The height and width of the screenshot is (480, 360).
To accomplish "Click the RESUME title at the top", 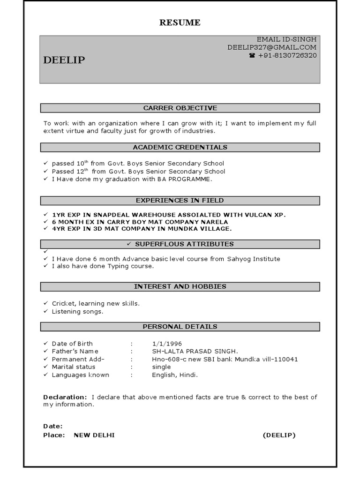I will pyautogui.click(x=180, y=22).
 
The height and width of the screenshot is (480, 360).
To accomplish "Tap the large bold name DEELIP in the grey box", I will pyautogui.click(x=64, y=60).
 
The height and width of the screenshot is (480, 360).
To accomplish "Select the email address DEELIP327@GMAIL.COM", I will pyautogui.click(x=272, y=47).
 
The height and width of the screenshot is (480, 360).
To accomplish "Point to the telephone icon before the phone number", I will pyautogui.click(x=252, y=55).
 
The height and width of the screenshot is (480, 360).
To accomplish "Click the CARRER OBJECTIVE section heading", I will pyautogui.click(x=180, y=108).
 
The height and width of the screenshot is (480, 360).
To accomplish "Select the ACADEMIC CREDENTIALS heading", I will pyautogui.click(x=180, y=147).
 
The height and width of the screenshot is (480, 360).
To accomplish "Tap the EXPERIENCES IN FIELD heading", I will pyautogui.click(x=180, y=201).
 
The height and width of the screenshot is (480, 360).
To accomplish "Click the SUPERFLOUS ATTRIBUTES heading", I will pyautogui.click(x=184, y=244).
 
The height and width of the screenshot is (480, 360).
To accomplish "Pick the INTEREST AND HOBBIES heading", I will pyautogui.click(x=180, y=286).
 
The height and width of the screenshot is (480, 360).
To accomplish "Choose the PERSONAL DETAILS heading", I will pyautogui.click(x=180, y=326).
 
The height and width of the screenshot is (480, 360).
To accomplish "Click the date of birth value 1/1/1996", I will pyautogui.click(x=167, y=344).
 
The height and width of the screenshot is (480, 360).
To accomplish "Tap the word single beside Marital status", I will pyautogui.click(x=161, y=367).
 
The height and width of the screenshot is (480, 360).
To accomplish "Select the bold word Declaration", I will pyautogui.click(x=65, y=397).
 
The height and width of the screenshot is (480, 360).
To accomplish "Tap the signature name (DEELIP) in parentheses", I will pyautogui.click(x=279, y=435).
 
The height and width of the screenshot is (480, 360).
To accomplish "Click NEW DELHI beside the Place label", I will pyautogui.click(x=94, y=435).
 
